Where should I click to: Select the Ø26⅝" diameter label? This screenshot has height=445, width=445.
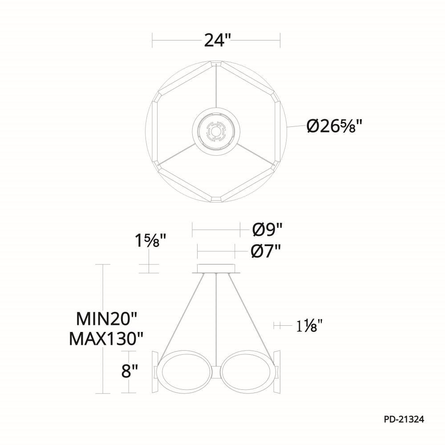(x=335, y=126)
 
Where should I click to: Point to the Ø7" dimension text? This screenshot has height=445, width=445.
(x=266, y=251)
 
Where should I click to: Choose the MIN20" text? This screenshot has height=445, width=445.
(x=107, y=319)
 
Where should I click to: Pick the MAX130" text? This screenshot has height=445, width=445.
(x=106, y=338)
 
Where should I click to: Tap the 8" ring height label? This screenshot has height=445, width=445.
(x=129, y=371)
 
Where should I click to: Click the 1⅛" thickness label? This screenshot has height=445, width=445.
(x=310, y=326)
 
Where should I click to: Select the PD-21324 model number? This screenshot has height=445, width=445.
(x=404, y=419)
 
